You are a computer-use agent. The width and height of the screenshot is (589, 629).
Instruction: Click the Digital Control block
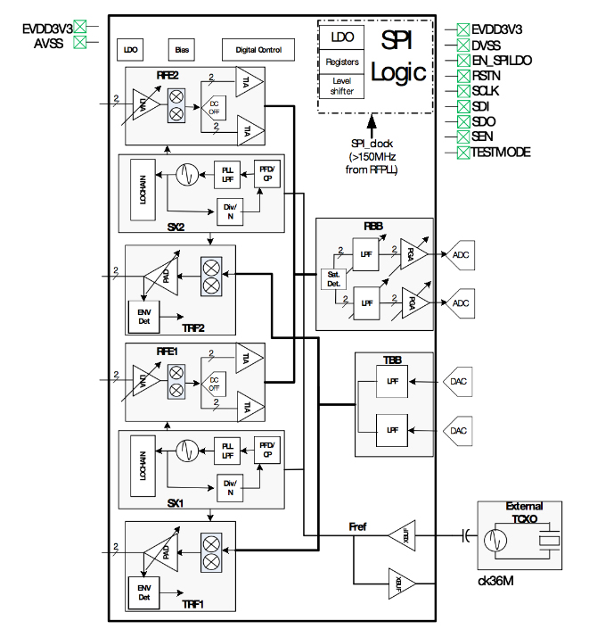pyautogui.click(x=258, y=50)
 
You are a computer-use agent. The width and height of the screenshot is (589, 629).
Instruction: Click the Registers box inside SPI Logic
pyautogui.click(x=343, y=62)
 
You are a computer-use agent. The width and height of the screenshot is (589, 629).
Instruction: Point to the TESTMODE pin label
pyautogui.click(x=501, y=153)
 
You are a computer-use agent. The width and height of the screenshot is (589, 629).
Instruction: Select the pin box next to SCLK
pyautogui.click(x=463, y=91)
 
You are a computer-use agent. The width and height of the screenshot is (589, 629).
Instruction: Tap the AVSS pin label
pyautogui.click(x=48, y=41)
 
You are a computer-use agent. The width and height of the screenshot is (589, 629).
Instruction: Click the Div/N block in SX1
pyautogui.click(x=230, y=485)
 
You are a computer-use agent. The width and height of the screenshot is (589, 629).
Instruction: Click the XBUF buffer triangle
pyautogui.click(x=402, y=535)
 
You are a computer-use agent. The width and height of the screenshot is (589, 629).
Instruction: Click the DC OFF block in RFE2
pyautogui.click(x=214, y=109)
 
